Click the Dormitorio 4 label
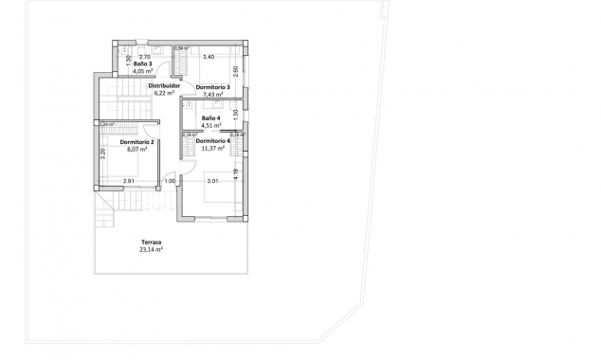click(x=213, y=140)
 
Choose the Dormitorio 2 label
click(x=137, y=142)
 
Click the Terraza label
click(x=150, y=242)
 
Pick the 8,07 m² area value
click(x=138, y=149)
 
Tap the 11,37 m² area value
click(x=213, y=148)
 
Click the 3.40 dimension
click(x=209, y=57)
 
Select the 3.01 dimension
click(x=213, y=181)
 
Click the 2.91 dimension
click(x=128, y=181)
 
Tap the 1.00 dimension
click(x=171, y=181)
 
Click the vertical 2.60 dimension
click(x=235, y=69)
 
